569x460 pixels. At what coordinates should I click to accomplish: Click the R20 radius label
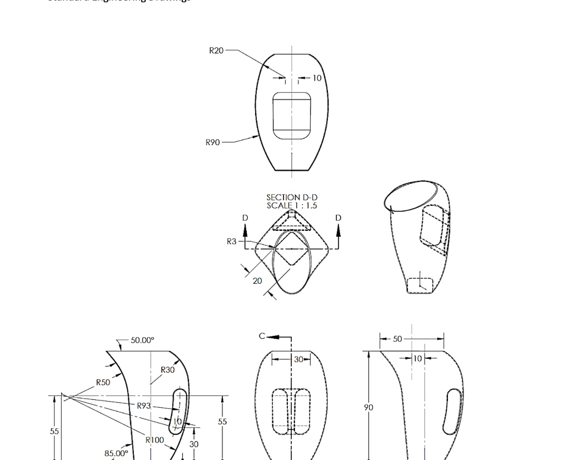[x=216, y=51]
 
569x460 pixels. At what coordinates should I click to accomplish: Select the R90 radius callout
[x=213, y=142]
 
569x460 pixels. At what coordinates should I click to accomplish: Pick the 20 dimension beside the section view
[x=257, y=281]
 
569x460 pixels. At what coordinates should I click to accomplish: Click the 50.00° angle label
[x=144, y=340]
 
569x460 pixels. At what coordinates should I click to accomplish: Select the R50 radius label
[x=103, y=383]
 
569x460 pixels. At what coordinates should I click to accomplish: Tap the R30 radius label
[x=168, y=370]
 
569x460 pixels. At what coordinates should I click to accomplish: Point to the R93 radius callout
[x=144, y=406]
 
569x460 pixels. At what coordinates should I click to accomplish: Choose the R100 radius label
[x=155, y=440]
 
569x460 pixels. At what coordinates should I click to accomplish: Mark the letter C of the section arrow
[x=263, y=336]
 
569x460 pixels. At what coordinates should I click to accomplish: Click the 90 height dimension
[x=368, y=408]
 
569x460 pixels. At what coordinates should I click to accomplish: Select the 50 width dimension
[x=398, y=339]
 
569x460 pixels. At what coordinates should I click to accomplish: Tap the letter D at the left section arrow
[x=245, y=217]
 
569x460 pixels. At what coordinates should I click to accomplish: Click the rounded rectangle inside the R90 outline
[x=292, y=116]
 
